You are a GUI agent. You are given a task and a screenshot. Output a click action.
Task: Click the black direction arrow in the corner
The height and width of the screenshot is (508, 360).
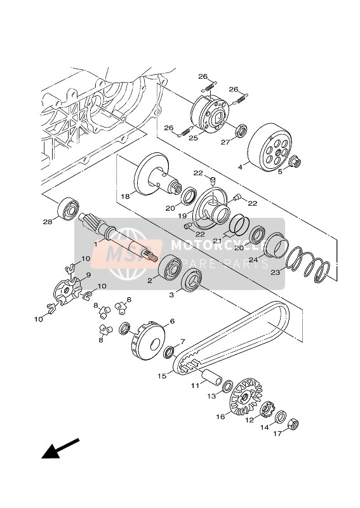point(60,448)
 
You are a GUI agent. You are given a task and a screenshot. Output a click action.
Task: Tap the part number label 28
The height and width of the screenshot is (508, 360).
point(46,222)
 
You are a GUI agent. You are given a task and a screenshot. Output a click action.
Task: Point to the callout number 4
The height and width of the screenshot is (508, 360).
point(257,168)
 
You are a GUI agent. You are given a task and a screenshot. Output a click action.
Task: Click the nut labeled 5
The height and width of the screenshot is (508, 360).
point(296,164)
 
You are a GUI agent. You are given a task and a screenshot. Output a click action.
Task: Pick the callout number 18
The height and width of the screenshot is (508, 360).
point(125,197)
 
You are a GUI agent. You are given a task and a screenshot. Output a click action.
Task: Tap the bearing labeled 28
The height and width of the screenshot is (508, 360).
point(68,208)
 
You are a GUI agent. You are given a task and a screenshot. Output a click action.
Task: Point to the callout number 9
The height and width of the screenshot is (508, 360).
point(89,275)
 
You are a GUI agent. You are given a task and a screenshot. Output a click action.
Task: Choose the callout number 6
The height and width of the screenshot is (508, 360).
point(171,322)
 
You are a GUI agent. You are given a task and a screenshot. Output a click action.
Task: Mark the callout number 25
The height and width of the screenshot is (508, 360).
point(194,138)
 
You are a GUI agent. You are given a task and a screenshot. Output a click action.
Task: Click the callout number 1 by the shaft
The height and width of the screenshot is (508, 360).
point(95,244)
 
